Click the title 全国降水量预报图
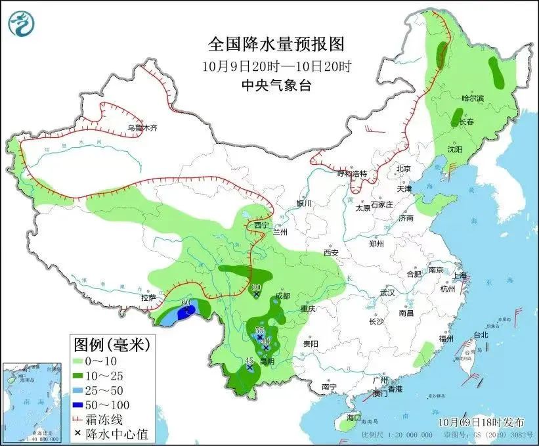click(276, 45)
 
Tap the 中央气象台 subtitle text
click(276, 84)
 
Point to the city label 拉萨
click(148, 298)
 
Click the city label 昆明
click(266, 361)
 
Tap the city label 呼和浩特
click(352, 174)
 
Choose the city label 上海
click(458, 275)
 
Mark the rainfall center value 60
click(186, 303)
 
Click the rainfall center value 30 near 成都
click(257, 287)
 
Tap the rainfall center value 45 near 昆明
click(249, 361)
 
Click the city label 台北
click(481, 335)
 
